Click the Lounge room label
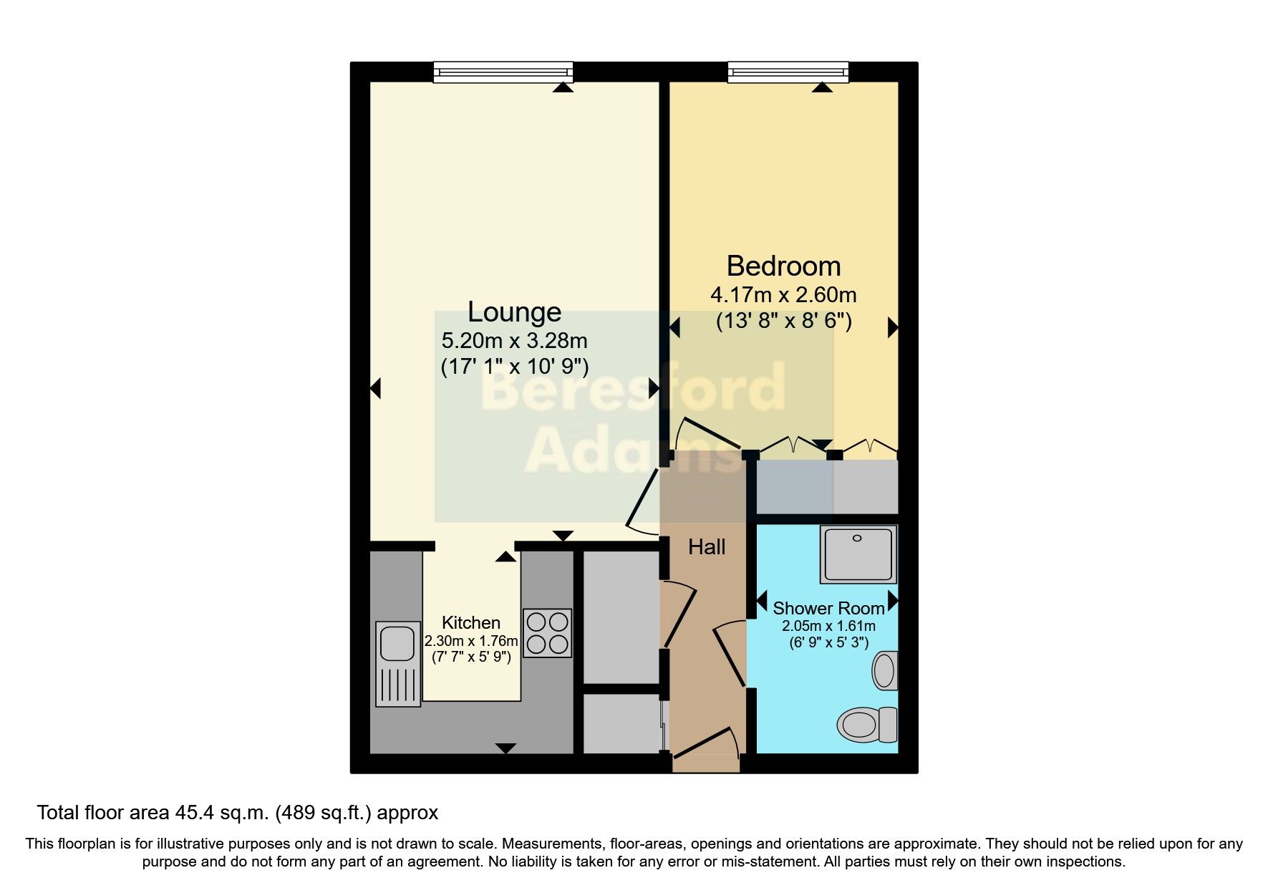pyautogui.click(x=514, y=312)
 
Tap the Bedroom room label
pyautogui.click(x=783, y=266)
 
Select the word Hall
pyautogui.click(x=706, y=547)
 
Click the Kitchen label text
pyautogui.click(x=470, y=622)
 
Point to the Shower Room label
pyautogui.click(x=828, y=609)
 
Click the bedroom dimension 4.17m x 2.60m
pyautogui.click(x=783, y=295)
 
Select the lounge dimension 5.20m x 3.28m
pyautogui.click(x=514, y=341)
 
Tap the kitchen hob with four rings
pyautogui.click(x=548, y=633)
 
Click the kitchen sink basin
pyautogui.click(x=397, y=643)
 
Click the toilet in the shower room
pyautogui.click(x=865, y=724)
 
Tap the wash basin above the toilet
pyautogui.click(x=885, y=670)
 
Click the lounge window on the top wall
pyautogui.click(x=503, y=72)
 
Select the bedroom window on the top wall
pyautogui.click(x=788, y=72)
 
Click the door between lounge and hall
pyautogui.click(x=643, y=500)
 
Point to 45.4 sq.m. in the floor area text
pyautogui.click(x=222, y=813)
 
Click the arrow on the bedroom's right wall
pyautogui.click(x=892, y=327)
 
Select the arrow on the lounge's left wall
pyautogui.click(x=375, y=389)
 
